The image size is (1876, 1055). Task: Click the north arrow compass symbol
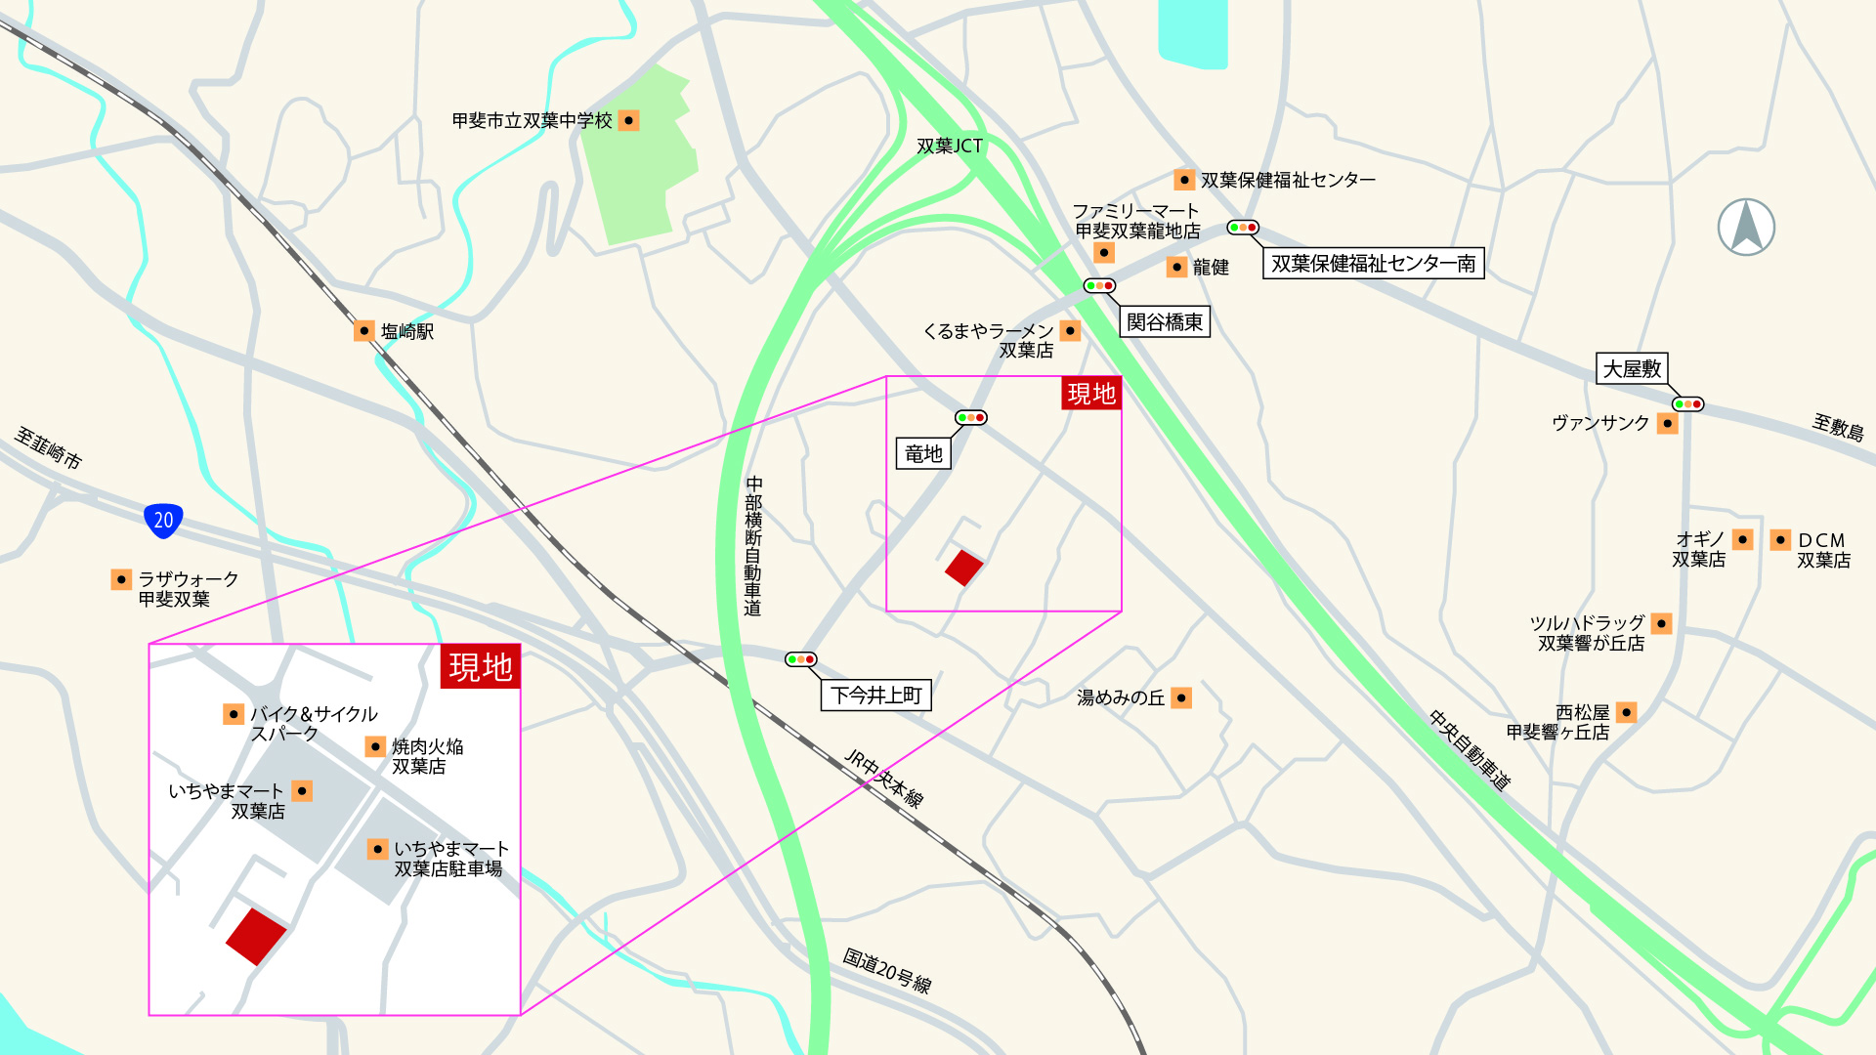(x=1746, y=227)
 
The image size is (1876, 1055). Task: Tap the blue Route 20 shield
(x=163, y=520)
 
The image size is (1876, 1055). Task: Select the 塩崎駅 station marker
(x=363, y=330)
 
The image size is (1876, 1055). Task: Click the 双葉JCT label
(x=949, y=146)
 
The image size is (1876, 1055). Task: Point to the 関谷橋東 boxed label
(x=1164, y=321)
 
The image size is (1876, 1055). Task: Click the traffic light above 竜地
(x=970, y=418)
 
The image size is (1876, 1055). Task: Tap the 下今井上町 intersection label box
(x=875, y=695)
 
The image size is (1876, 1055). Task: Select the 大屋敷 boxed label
(x=1631, y=368)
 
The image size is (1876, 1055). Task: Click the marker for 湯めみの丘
(x=1181, y=697)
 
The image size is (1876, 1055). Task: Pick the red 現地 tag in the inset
(x=480, y=666)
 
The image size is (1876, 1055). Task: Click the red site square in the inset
(x=256, y=936)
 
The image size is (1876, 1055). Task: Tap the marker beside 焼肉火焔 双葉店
(x=375, y=746)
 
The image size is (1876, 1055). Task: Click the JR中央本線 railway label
(x=883, y=778)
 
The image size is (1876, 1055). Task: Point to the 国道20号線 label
(x=887, y=970)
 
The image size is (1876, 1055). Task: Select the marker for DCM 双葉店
(x=1780, y=539)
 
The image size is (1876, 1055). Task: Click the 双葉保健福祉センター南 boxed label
(x=1373, y=263)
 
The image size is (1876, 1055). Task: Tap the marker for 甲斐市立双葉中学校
(x=629, y=120)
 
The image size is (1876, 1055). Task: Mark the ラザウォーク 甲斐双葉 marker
(x=121, y=579)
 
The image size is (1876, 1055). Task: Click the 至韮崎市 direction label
(x=48, y=447)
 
